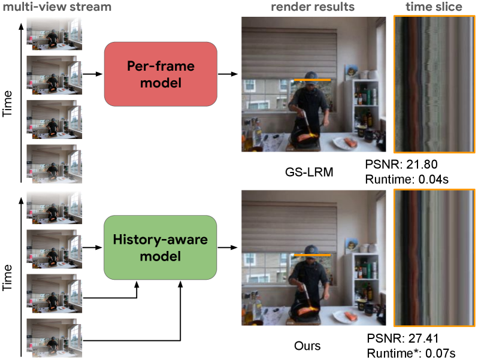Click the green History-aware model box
(x=160, y=247)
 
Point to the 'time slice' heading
(x=435, y=7)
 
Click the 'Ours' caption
(x=307, y=346)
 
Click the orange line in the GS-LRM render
(x=311, y=80)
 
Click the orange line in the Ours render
(x=311, y=255)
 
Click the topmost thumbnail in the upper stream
(x=53, y=33)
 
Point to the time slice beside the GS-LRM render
(x=434, y=86)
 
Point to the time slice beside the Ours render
(x=434, y=258)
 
